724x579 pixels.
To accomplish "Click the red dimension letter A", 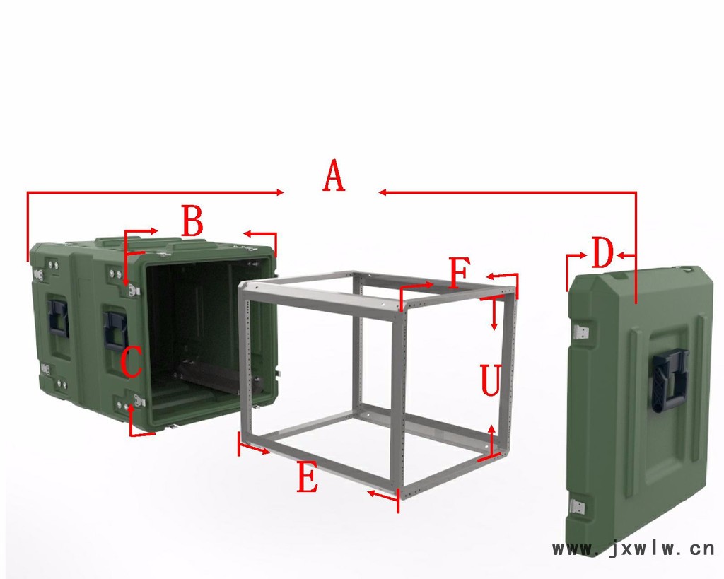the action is [334, 175].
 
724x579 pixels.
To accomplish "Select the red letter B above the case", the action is [192, 221].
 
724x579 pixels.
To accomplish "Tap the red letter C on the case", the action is [131, 362].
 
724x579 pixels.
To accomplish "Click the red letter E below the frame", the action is [308, 477].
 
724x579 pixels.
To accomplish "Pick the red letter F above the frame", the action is [460, 274].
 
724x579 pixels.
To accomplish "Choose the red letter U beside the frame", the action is [491, 380].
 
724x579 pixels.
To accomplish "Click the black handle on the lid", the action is [668, 380].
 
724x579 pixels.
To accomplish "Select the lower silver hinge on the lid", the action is [577, 508].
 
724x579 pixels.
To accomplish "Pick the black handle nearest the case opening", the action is [116, 329].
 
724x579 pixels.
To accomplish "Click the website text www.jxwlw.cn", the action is [633, 549].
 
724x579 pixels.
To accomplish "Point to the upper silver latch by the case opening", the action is [134, 290].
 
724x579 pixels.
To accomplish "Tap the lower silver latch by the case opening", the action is [140, 400].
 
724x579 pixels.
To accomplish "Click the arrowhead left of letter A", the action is [280, 192].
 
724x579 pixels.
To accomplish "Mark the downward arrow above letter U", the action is [494, 315].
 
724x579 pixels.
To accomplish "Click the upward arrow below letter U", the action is [492, 440].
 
